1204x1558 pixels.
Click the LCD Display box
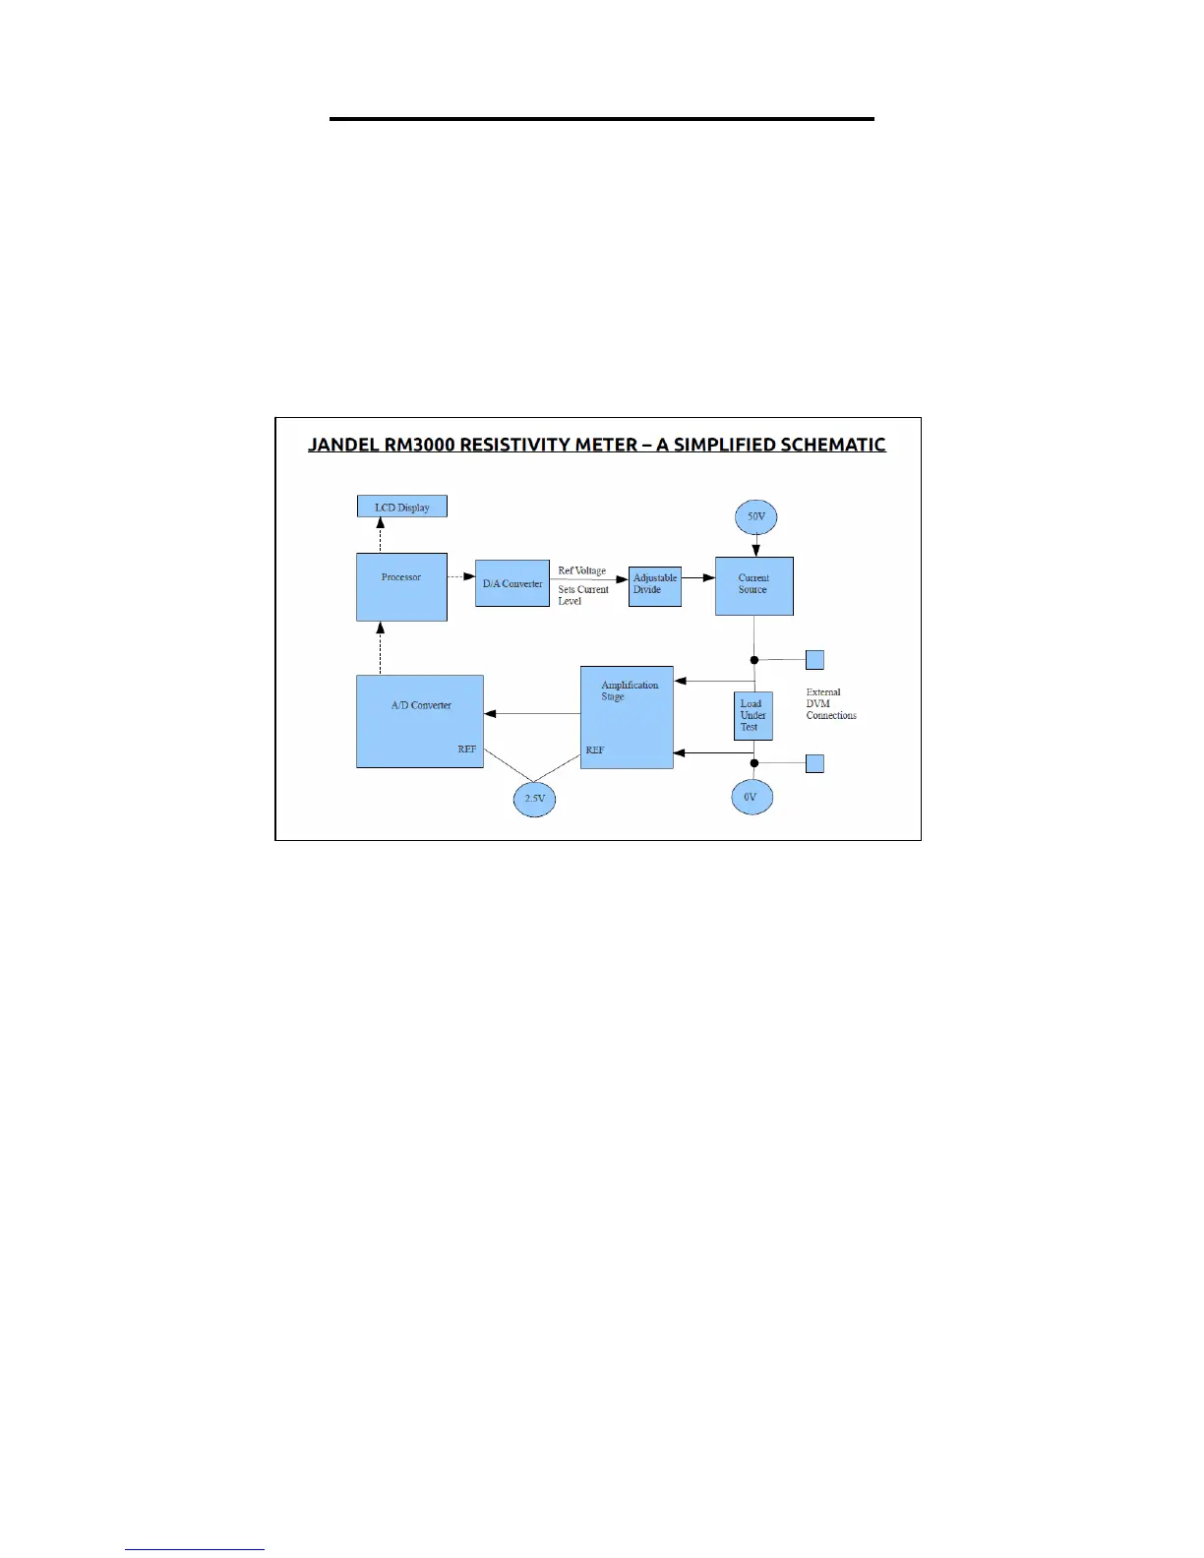click(x=401, y=507)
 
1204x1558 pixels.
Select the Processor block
click(x=401, y=587)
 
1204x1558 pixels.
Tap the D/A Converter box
click(x=512, y=584)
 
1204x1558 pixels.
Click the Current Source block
click(x=753, y=586)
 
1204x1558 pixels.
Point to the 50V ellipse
click(x=755, y=516)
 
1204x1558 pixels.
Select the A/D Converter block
click(x=420, y=721)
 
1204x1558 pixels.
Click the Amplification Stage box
click(x=627, y=717)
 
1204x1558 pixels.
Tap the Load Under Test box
click(x=752, y=716)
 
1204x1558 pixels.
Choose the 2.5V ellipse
click(x=534, y=799)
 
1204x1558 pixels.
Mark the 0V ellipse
click(x=751, y=797)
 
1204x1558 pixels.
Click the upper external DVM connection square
click(x=814, y=659)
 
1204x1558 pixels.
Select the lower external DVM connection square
click(x=814, y=763)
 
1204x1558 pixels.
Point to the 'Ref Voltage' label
click(x=582, y=570)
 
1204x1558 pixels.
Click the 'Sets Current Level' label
click(x=582, y=595)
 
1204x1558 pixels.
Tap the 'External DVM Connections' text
click(x=830, y=704)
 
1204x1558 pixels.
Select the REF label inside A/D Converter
click(x=467, y=749)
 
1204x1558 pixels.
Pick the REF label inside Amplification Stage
click(x=595, y=750)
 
